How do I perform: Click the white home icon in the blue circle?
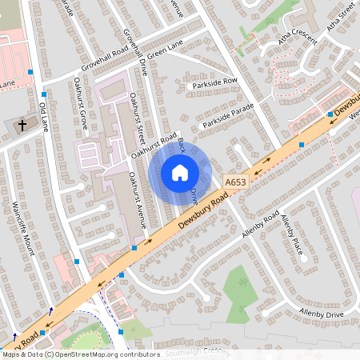pos(179,173)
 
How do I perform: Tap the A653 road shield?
pos(235,183)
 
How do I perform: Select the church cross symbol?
pos(22,126)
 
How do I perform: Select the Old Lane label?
pos(43,117)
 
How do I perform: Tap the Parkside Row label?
pos(215,82)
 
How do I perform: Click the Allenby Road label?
pos(260,226)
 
